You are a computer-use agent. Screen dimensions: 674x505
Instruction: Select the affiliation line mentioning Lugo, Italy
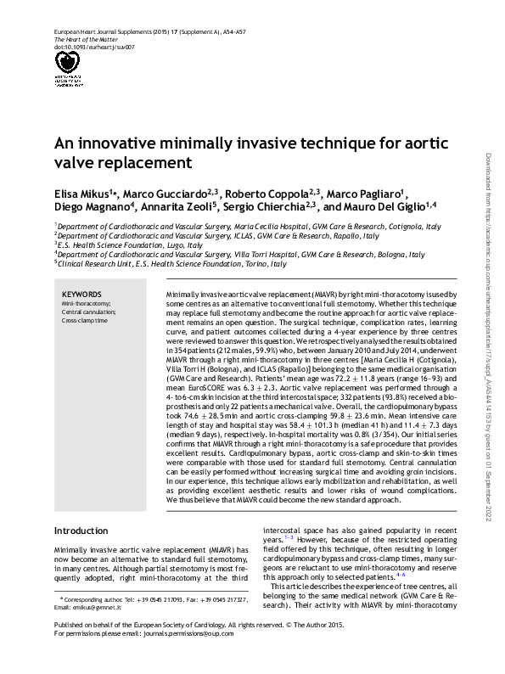(128, 244)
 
